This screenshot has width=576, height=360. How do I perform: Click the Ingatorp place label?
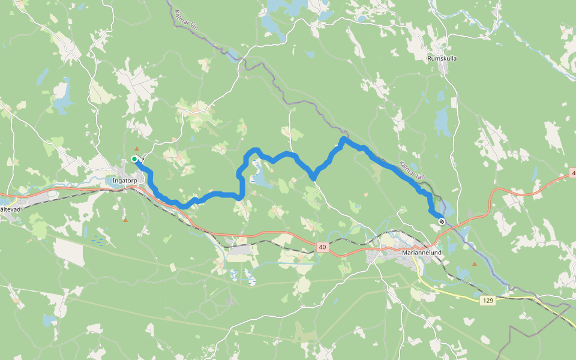[x=125, y=180]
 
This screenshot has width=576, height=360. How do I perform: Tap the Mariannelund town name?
[x=422, y=253]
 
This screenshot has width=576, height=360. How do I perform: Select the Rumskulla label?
[x=442, y=59]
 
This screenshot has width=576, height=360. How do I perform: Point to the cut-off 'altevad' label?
[x=10, y=209]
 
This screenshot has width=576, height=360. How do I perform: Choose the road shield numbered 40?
[x=323, y=246]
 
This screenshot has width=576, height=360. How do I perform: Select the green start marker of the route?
[x=134, y=159]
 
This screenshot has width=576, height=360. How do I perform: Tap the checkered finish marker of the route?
[x=442, y=221]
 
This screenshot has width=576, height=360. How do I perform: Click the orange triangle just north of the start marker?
[x=137, y=148]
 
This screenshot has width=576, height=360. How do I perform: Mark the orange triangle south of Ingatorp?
[x=125, y=220]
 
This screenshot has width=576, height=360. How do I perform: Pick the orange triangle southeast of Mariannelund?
[x=475, y=263]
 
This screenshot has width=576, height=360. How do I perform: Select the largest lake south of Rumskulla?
[x=442, y=123]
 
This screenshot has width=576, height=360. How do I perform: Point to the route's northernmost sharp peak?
[x=343, y=139]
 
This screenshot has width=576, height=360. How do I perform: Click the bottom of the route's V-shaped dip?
[x=313, y=178]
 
